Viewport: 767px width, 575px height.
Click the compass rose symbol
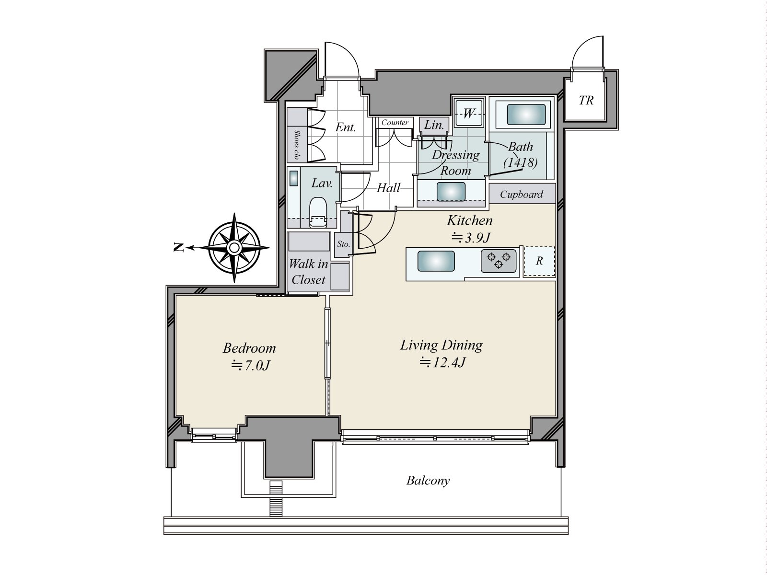click(x=234, y=248)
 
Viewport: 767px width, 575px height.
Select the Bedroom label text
click(x=249, y=348)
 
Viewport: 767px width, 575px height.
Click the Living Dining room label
click(x=442, y=345)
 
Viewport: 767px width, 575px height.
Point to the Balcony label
click(x=428, y=481)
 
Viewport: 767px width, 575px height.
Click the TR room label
click(x=586, y=101)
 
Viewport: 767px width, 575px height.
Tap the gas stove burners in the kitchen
click(x=499, y=261)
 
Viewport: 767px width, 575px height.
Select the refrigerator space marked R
click(x=539, y=261)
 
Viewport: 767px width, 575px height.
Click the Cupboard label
click(x=522, y=195)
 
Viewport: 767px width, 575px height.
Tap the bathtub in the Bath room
click(x=526, y=115)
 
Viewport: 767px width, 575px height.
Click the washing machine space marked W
click(x=468, y=114)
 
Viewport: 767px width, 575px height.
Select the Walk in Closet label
click(x=308, y=272)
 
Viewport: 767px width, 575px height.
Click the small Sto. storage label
click(x=343, y=244)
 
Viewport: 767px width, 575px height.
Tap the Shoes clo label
click(x=297, y=145)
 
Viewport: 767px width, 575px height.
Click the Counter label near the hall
click(x=395, y=123)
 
